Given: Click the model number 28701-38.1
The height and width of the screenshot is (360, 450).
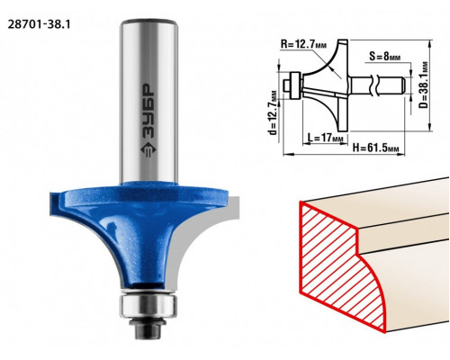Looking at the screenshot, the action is (39, 24).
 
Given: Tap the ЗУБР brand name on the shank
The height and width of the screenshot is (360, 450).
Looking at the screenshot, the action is (148, 112).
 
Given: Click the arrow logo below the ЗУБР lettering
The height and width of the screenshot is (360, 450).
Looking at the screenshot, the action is (148, 150).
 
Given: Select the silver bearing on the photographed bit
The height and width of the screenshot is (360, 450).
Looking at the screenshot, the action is (148, 305).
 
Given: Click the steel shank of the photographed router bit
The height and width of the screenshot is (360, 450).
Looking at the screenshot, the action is (148, 101).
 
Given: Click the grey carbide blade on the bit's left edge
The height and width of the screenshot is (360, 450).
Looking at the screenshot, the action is (56, 203).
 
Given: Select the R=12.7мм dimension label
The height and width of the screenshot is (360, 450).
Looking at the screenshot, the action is (303, 45).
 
